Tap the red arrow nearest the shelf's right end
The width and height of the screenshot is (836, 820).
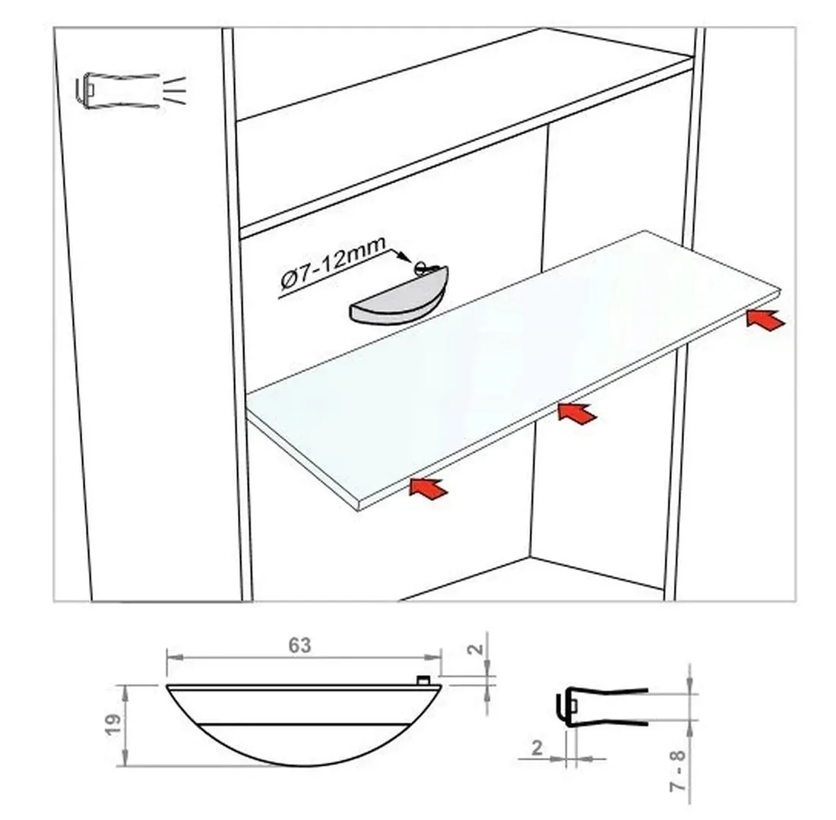[x=765, y=319]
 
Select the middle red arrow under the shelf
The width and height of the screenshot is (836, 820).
[x=578, y=413]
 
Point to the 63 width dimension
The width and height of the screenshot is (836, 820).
[x=299, y=646]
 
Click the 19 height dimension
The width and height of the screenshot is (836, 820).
[x=113, y=725]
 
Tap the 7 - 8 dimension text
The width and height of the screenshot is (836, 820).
[x=677, y=771]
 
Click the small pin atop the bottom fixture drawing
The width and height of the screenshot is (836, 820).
[x=423, y=679]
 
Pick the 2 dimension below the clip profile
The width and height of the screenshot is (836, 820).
[x=537, y=748]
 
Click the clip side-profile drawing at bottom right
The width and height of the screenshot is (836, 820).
[x=602, y=707]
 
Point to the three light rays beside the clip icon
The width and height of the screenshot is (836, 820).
[x=176, y=90]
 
